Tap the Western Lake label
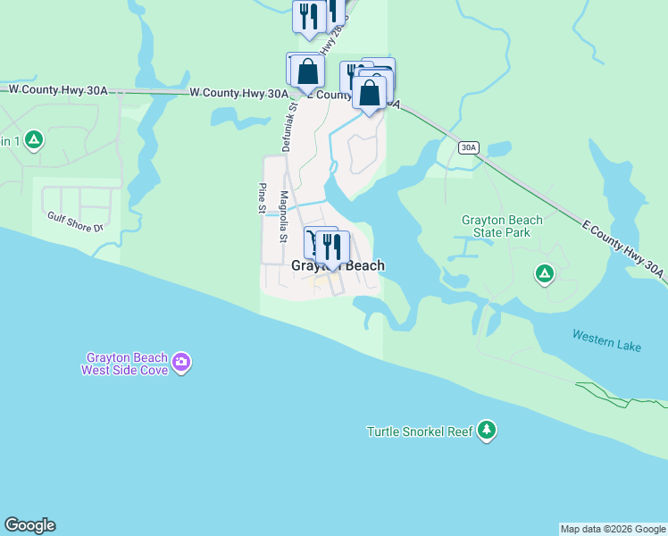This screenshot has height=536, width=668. (x=606, y=339)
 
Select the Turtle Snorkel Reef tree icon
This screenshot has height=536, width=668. (x=487, y=431)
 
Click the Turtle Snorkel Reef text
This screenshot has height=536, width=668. (x=419, y=432)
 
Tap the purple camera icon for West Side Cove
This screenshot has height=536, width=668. (x=181, y=362)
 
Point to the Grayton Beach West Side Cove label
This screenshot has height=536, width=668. (x=124, y=363)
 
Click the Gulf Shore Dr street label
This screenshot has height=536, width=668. (x=76, y=222)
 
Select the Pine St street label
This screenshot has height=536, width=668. (x=263, y=198)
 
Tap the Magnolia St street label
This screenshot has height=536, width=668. (x=284, y=217)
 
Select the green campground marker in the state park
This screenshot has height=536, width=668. (x=544, y=273)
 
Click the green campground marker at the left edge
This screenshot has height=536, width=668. (x=33, y=139)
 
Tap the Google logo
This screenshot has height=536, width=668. (x=29, y=525)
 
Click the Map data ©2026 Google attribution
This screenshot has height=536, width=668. (x=613, y=529)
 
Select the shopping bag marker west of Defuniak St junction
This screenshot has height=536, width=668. (x=306, y=71)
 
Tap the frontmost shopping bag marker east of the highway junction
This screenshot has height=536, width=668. (x=369, y=91)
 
